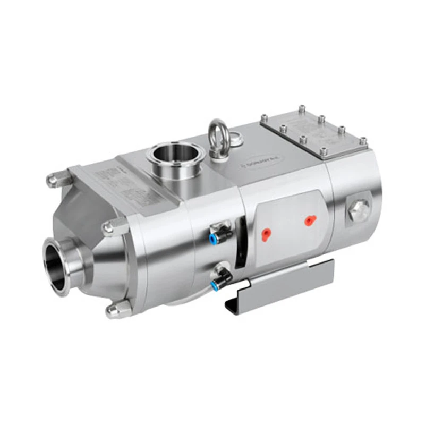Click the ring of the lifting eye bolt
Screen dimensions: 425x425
coord(218,131)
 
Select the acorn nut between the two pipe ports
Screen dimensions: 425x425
coord(109,227)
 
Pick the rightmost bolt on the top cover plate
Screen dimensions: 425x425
coord(363,141)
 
